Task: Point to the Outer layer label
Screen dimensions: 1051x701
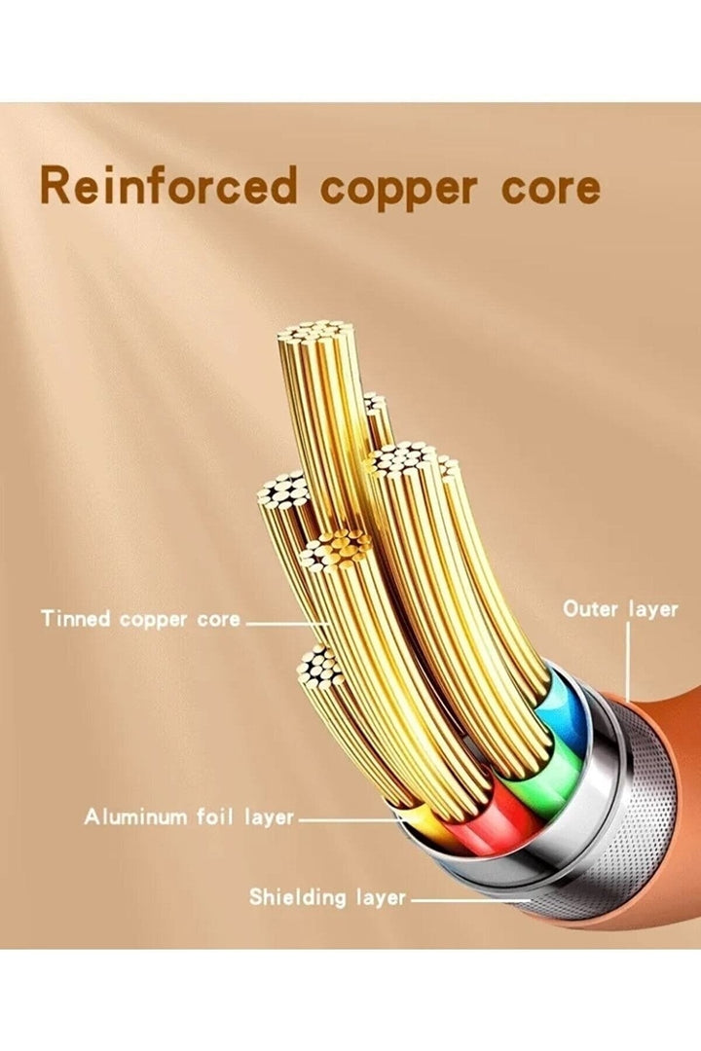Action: coord(620,609)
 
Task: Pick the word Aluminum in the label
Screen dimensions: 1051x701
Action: coord(131,816)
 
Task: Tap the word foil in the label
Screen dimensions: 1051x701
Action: coord(209,816)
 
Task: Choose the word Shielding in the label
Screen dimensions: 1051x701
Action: coord(297,896)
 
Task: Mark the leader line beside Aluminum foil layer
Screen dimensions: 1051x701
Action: coord(350,819)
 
